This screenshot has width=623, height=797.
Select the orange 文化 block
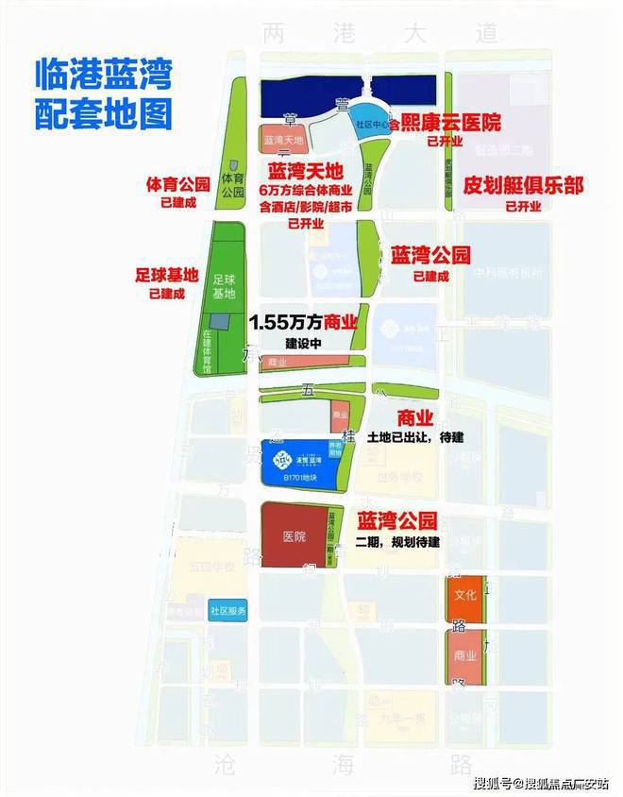tap(465, 596)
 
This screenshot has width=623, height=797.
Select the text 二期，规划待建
tap(398, 541)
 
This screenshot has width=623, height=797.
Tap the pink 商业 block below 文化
tap(464, 656)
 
